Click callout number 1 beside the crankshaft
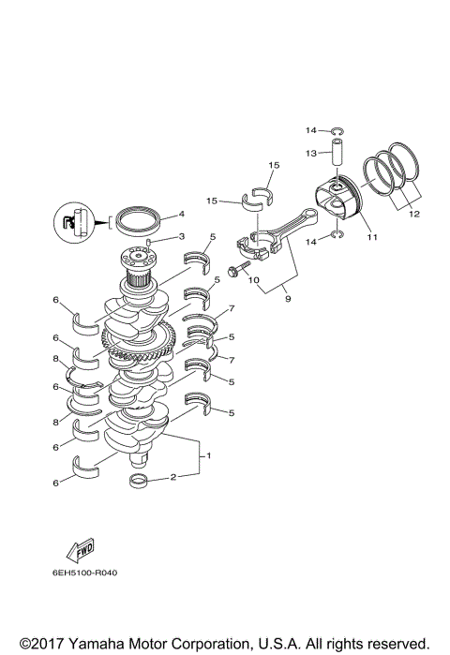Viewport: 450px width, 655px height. (x=208, y=456)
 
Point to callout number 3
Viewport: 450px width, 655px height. (x=182, y=236)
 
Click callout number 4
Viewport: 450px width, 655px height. (x=181, y=214)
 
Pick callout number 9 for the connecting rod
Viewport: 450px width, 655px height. (x=276, y=299)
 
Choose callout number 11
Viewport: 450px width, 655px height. (x=372, y=237)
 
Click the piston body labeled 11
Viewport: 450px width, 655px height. (x=338, y=198)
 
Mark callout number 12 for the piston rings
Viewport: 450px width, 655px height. (x=413, y=214)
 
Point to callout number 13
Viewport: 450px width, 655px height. (x=311, y=152)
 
